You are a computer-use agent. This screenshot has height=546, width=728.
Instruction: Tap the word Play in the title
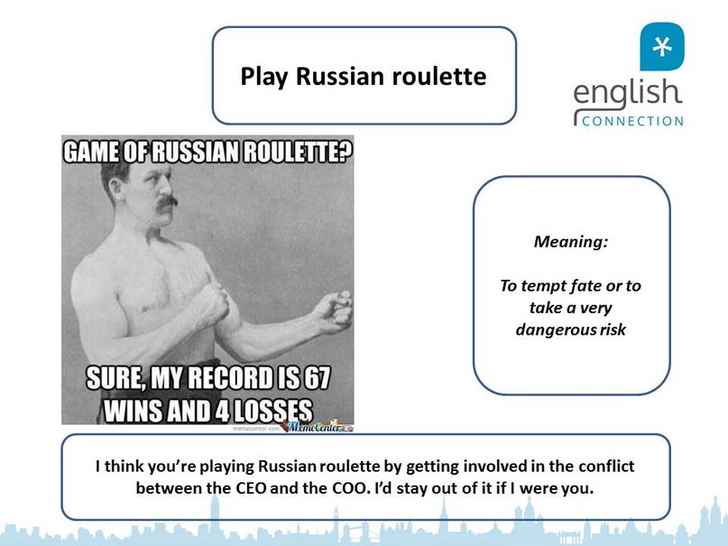pyautogui.click(x=263, y=78)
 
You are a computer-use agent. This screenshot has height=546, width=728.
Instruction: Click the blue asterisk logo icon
pyautogui.click(x=661, y=47)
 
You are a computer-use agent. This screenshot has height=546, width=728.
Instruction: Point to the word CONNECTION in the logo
pyautogui.click(x=632, y=122)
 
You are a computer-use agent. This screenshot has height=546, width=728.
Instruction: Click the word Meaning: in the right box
pyautogui.click(x=571, y=242)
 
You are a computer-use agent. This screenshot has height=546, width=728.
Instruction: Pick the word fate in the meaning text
pyautogui.click(x=585, y=285)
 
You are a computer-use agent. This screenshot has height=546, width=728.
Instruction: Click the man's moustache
pyautogui.click(x=167, y=202)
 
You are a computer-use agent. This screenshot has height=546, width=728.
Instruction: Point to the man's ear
pyautogui.click(x=114, y=187)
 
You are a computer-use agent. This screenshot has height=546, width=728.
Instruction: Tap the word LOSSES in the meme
pyautogui.click(x=272, y=411)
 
